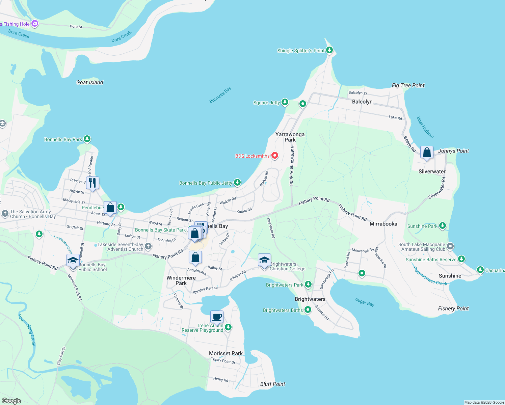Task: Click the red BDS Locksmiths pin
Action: (275, 155)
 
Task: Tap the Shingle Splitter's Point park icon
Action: (329, 50)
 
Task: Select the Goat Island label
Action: (89, 82)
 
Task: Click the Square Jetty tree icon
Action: (285, 102)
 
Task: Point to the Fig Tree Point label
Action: (408, 85)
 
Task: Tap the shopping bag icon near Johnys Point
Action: (427, 153)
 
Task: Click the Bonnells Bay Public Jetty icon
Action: (237, 182)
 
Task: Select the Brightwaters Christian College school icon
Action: (264, 261)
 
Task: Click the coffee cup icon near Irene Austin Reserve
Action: (217, 317)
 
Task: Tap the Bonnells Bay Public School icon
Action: (73, 261)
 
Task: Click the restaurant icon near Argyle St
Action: (92, 183)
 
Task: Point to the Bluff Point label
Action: (272, 384)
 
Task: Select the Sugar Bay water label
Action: (365, 302)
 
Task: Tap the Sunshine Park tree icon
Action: (442, 225)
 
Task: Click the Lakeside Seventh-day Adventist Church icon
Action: (148, 246)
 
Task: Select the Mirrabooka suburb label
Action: (383, 224)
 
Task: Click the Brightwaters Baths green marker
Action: (308, 309)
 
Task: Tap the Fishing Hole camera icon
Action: (34, 24)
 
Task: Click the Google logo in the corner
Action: (11, 401)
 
